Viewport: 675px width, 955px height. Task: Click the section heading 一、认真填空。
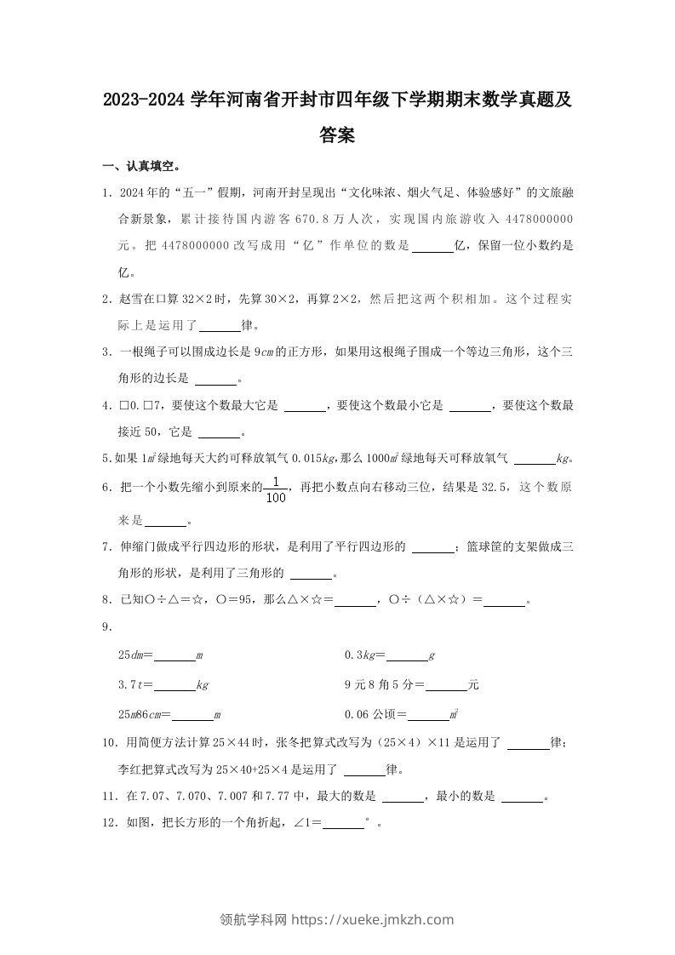click(140, 165)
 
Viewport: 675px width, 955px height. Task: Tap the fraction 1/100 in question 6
click(276, 491)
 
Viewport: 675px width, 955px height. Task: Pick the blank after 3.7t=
click(175, 685)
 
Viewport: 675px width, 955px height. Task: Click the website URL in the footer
click(372, 919)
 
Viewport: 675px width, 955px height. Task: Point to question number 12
click(108, 823)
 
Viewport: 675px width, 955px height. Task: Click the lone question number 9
click(106, 628)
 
